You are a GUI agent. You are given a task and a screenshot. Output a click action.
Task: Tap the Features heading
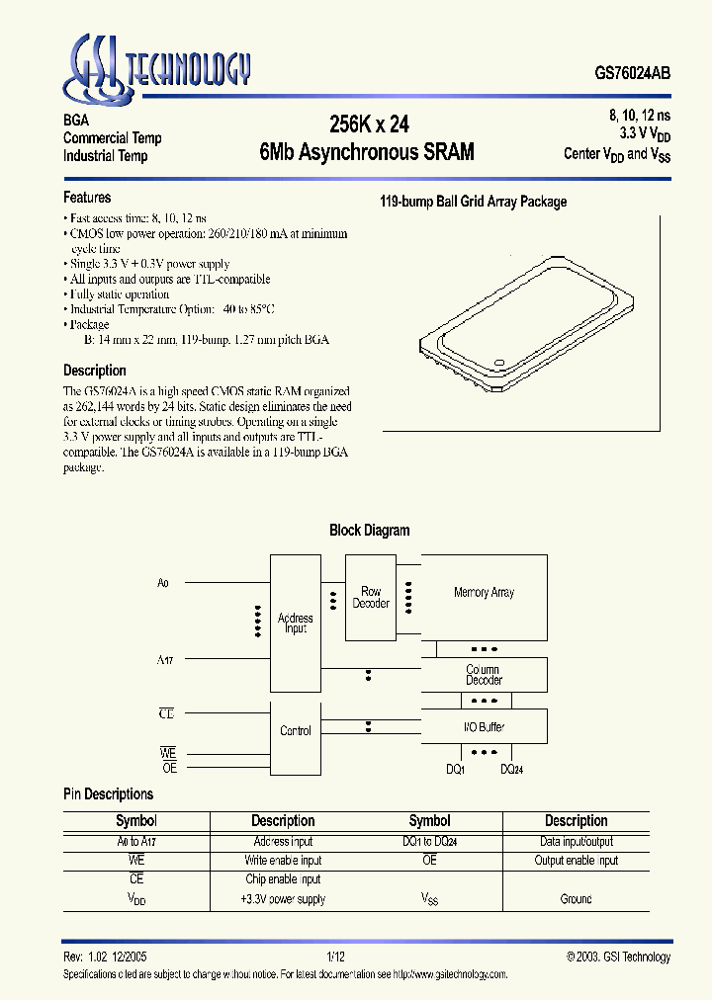pyautogui.click(x=87, y=198)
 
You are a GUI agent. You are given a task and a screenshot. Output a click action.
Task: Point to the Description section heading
pyautogui.click(x=95, y=371)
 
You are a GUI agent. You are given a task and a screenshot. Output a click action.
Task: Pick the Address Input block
pyautogui.click(x=295, y=624)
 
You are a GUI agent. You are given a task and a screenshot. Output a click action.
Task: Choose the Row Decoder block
pyautogui.click(x=371, y=597)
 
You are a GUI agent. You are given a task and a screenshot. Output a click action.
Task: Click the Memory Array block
pyautogui.click(x=484, y=593)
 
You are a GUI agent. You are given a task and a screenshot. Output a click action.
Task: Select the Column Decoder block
pyautogui.click(x=484, y=675)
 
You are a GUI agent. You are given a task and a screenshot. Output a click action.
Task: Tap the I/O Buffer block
pyautogui.click(x=484, y=727)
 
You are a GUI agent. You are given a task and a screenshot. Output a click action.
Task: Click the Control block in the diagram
pyautogui.click(x=295, y=731)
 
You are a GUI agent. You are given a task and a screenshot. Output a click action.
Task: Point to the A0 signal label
pyautogui.click(x=163, y=584)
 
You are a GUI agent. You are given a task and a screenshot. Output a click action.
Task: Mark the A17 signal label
pyautogui.click(x=164, y=656)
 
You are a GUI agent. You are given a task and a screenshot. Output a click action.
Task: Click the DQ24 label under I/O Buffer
pyautogui.click(x=511, y=769)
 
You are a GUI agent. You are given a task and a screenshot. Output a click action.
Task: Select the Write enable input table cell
pyautogui.click(x=283, y=861)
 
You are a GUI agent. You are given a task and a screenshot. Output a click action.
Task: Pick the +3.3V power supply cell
pyautogui.click(x=283, y=899)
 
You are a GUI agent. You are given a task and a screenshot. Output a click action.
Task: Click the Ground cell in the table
pyautogui.click(x=576, y=899)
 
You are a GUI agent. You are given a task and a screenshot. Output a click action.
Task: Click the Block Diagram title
pyautogui.click(x=369, y=531)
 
